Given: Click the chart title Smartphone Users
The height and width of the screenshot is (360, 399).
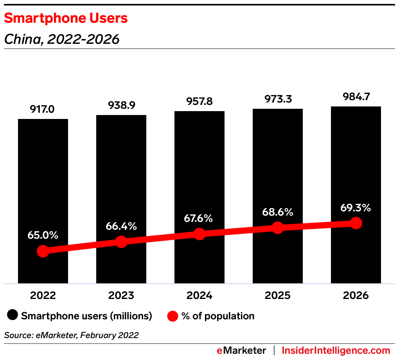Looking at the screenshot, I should [x=66, y=18].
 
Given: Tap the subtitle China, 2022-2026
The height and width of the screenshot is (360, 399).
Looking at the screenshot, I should [x=61, y=39].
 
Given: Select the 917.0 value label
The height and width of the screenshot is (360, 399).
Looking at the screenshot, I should [x=43, y=109].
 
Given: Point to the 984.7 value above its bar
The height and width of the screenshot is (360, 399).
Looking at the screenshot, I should [x=356, y=96].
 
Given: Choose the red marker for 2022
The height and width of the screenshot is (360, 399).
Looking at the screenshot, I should [x=43, y=251].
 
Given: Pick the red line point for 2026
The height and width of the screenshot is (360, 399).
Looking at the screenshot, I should [x=356, y=223].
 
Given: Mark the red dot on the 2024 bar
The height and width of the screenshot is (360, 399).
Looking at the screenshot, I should [x=199, y=234].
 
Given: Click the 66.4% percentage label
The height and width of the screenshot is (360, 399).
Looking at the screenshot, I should [x=121, y=226].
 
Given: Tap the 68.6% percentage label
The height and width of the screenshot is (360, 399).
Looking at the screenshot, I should [x=278, y=212].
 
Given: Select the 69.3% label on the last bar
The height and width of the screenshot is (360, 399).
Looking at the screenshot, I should [x=356, y=207].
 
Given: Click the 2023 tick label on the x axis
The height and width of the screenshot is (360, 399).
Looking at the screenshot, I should [x=121, y=295].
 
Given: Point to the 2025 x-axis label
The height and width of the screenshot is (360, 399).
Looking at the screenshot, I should [x=278, y=295].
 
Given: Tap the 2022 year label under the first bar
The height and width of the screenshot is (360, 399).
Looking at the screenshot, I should [x=43, y=295].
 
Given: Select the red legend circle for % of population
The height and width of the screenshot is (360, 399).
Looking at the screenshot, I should [x=173, y=316].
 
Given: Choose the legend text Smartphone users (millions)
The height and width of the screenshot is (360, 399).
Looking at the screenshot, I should [x=86, y=316].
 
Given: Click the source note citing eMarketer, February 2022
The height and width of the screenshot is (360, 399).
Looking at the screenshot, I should [x=71, y=335].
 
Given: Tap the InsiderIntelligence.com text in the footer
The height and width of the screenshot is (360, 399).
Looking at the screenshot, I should [x=336, y=350].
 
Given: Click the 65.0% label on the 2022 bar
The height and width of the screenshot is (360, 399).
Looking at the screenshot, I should [x=43, y=235].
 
